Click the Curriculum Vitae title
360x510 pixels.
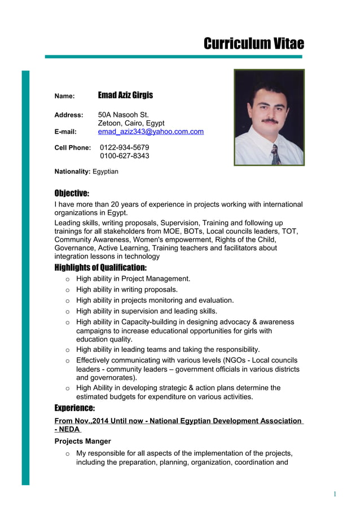click(x=253, y=44)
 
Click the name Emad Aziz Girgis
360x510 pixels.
click(x=125, y=95)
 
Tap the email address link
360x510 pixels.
click(x=151, y=132)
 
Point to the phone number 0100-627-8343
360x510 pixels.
click(x=124, y=156)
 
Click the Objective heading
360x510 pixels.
click(x=72, y=193)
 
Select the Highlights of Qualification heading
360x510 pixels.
click(x=100, y=267)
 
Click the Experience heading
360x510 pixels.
click(x=74, y=408)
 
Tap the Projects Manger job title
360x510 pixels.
click(x=82, y=441)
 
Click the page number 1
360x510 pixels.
click(x=335, y=494)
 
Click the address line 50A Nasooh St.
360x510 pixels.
click(x=123, y=115)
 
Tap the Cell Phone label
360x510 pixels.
click(x=72, y=148)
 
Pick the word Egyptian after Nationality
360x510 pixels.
click(x=106, y=171)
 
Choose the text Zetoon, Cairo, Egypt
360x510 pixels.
click(x=131, y=123)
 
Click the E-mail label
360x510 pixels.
click(x=65, y=132)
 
